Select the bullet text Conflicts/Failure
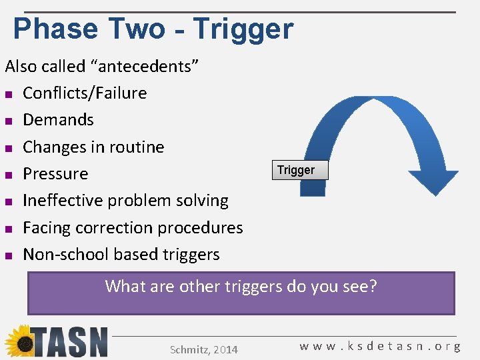tap(85, 93)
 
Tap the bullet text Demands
tap(58, 119)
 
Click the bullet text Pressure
tap(55, 173)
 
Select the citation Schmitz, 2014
tap(204, 349)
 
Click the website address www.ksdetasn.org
tap(380, 347)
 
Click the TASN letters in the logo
tap(70, 343)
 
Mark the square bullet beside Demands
tap(9, 121)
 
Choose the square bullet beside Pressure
tap(9, 175)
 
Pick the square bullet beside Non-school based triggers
tap(9, 255)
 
